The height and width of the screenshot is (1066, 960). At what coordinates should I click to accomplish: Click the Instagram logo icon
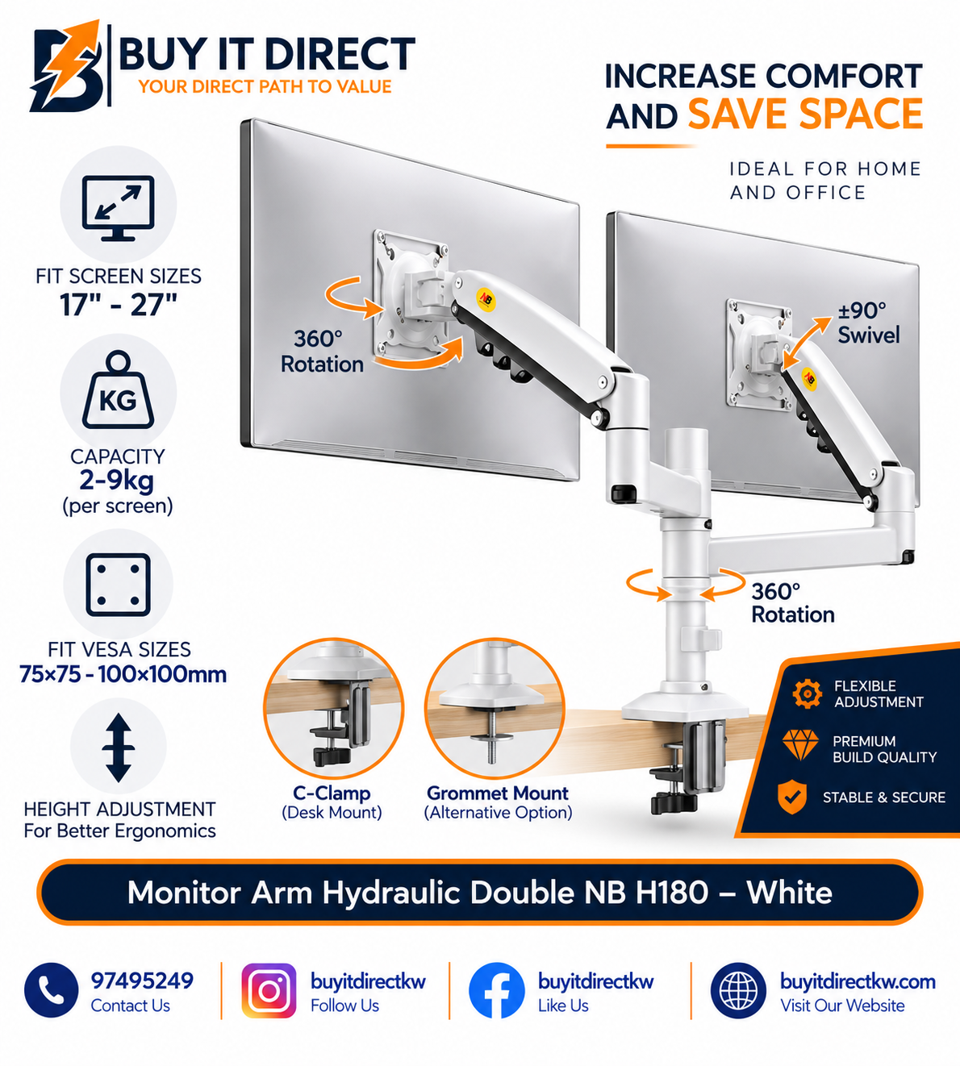[x=269, y=990]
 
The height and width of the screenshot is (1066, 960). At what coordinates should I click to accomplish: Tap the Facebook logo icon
[x=496, y=990]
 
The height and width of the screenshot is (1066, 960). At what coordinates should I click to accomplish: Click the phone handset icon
[x=51, y=990]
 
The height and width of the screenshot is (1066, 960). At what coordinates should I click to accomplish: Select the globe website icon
[x=738, y=990]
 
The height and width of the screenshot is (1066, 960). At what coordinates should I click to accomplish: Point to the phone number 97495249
[x=142, y=981]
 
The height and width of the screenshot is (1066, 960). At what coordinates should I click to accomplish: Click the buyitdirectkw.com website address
[x=858, y=981]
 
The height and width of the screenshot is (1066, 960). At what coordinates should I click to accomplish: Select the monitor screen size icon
[x=118, y=208]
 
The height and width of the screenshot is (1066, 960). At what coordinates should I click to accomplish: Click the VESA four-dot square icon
[x=118, y=585]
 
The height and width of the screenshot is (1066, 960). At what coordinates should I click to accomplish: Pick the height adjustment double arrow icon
[x=118, y=747]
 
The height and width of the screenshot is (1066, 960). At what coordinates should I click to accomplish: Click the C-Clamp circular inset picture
[x=333, y=708]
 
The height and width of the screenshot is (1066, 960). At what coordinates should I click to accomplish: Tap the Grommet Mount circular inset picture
[x=495, y=708]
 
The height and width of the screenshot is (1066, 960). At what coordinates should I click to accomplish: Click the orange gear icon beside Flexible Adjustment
[x=807, y=693]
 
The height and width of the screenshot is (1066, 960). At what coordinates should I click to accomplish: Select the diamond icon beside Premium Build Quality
[x=800, y=744]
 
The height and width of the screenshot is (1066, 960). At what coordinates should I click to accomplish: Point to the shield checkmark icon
[x=792, y=797]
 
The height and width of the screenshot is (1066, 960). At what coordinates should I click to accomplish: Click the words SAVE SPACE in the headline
[x=805, y=114]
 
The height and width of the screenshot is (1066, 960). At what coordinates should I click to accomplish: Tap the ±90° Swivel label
[x=869, y=323]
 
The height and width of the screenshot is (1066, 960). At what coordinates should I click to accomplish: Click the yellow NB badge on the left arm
[x=486, y=299]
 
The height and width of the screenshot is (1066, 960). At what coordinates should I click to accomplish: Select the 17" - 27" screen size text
[x=118, y=305]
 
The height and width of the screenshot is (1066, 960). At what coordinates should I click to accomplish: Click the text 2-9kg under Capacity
[x=117, y=481]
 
